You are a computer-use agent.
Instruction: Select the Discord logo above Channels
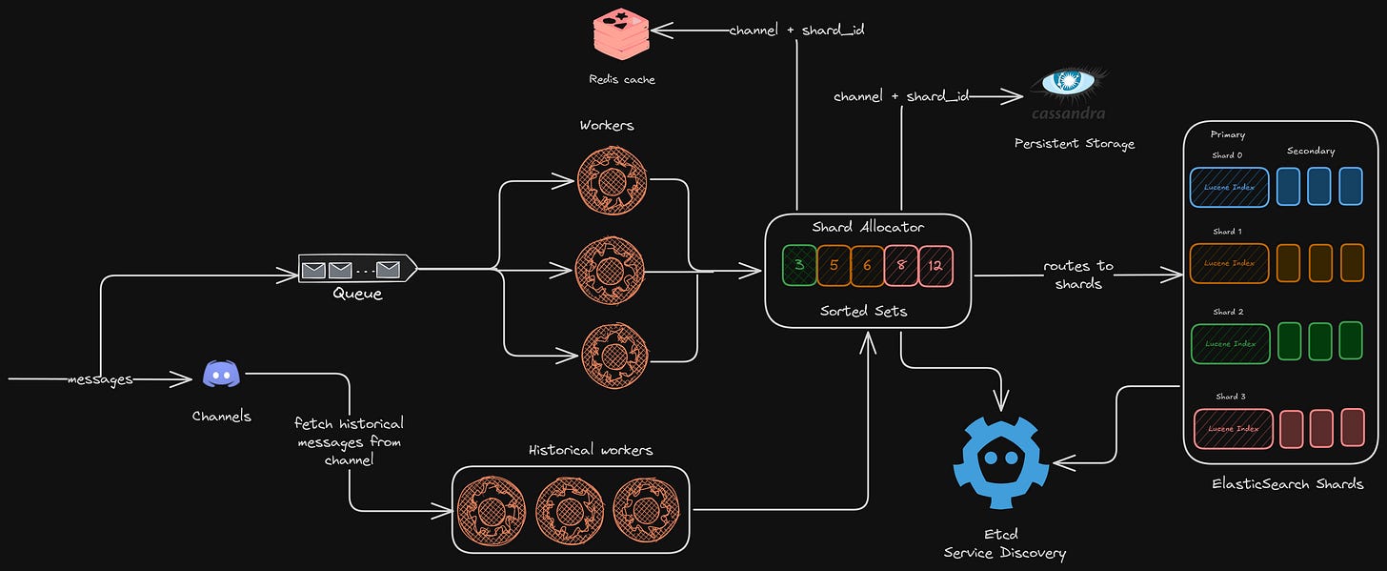(x=221, y=376)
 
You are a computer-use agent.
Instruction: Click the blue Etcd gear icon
(x=1001, y=463)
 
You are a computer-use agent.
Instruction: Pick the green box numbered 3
(x=799, y=266)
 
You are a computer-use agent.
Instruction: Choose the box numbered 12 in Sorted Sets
(x=935, y=266)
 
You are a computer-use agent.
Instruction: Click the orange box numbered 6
(x=867, y=266)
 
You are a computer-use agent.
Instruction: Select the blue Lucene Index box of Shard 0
(x=1229, y=187)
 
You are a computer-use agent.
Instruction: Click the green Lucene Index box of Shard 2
(x=1229, y=343)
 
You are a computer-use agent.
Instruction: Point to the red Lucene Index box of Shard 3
(x=1233, y=428)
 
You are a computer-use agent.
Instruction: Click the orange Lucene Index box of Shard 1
(x=1229, y=262)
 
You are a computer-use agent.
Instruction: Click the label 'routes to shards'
(x=1078, y=275)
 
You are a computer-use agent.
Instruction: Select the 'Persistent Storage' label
(x=1075, y=144)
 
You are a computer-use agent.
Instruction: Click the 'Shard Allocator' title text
(x=867, y=227)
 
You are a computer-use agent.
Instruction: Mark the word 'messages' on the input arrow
(x=99, y=379)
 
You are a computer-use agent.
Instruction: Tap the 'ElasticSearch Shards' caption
(x=1287, y=484)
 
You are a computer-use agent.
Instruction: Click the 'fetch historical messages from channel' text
(x=349, y=440)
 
